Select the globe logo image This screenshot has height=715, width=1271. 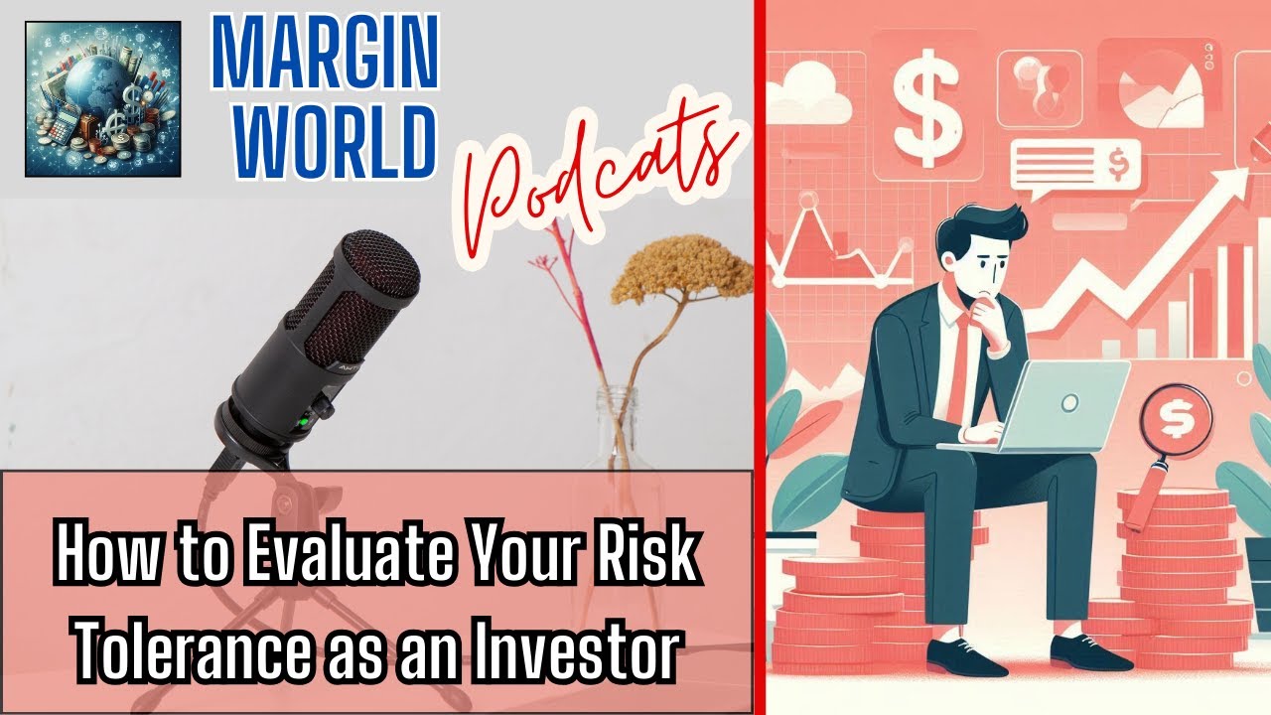click(x=102, y=100)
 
